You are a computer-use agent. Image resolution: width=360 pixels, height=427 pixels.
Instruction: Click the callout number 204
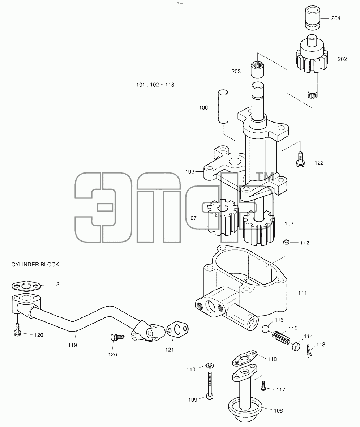(x=336, y=18)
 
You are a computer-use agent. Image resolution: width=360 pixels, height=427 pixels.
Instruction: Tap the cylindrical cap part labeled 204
(x=312, y=17)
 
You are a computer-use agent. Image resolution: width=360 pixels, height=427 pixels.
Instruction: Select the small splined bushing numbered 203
(x=257, y=70)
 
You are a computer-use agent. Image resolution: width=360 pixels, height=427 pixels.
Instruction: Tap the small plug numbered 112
(x=286, y=242)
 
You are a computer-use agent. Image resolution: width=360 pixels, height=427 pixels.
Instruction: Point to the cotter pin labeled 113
(x=308, y=351)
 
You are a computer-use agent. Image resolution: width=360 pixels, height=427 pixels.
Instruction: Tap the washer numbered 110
(x=210, y=366)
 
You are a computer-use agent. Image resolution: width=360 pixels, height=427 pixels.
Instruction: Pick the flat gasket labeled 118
(x=245, y=358)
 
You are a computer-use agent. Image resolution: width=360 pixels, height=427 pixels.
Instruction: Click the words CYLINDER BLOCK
(x=35, y=264)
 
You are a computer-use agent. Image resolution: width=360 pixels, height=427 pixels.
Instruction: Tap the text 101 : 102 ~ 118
(x=155, y=85)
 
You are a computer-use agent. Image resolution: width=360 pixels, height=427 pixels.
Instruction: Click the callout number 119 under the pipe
(x=72, y=345)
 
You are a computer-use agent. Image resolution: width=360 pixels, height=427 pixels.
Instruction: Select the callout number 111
(x=303, y=293)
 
